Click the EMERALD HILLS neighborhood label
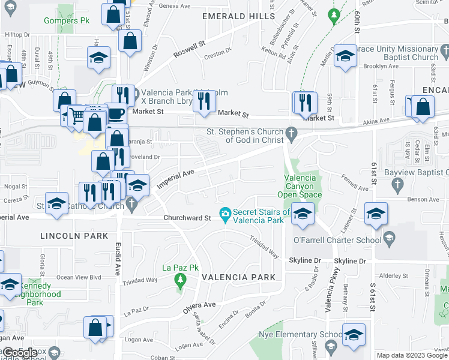click(238, 16)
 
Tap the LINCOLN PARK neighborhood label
click(74, 236)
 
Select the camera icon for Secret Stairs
click(225, 214)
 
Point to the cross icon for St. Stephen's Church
click(292, 134)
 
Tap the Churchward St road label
click(187, 218)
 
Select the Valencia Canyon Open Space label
click(300, 186)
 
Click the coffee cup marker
click(115, 113)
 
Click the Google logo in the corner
click(20, 353)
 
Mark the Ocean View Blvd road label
click(77, 277)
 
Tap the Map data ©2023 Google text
click(412, 355)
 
